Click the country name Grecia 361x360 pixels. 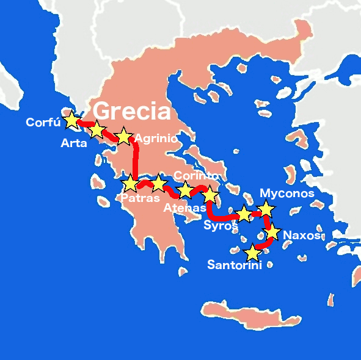click(131, 111)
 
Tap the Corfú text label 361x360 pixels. click(43, 123)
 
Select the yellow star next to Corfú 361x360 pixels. click(71, 120)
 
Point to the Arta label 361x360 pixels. click(73, 143)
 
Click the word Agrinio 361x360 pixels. click(156, 139)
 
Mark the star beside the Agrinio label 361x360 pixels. click(123, 136)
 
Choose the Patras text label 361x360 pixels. click(140, 198)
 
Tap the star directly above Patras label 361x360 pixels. click(130, 183)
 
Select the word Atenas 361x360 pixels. click(185, 207)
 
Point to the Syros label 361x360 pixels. click(221, 226)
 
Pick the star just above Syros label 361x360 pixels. click(244, 214)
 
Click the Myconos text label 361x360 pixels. click(287, 193)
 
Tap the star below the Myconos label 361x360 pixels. click(266, 209)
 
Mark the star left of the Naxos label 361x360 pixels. click(272, 232)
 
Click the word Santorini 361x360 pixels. click(234, 265)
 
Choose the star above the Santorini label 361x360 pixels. click(252, 252)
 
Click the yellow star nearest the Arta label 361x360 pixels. click(97, 129)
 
